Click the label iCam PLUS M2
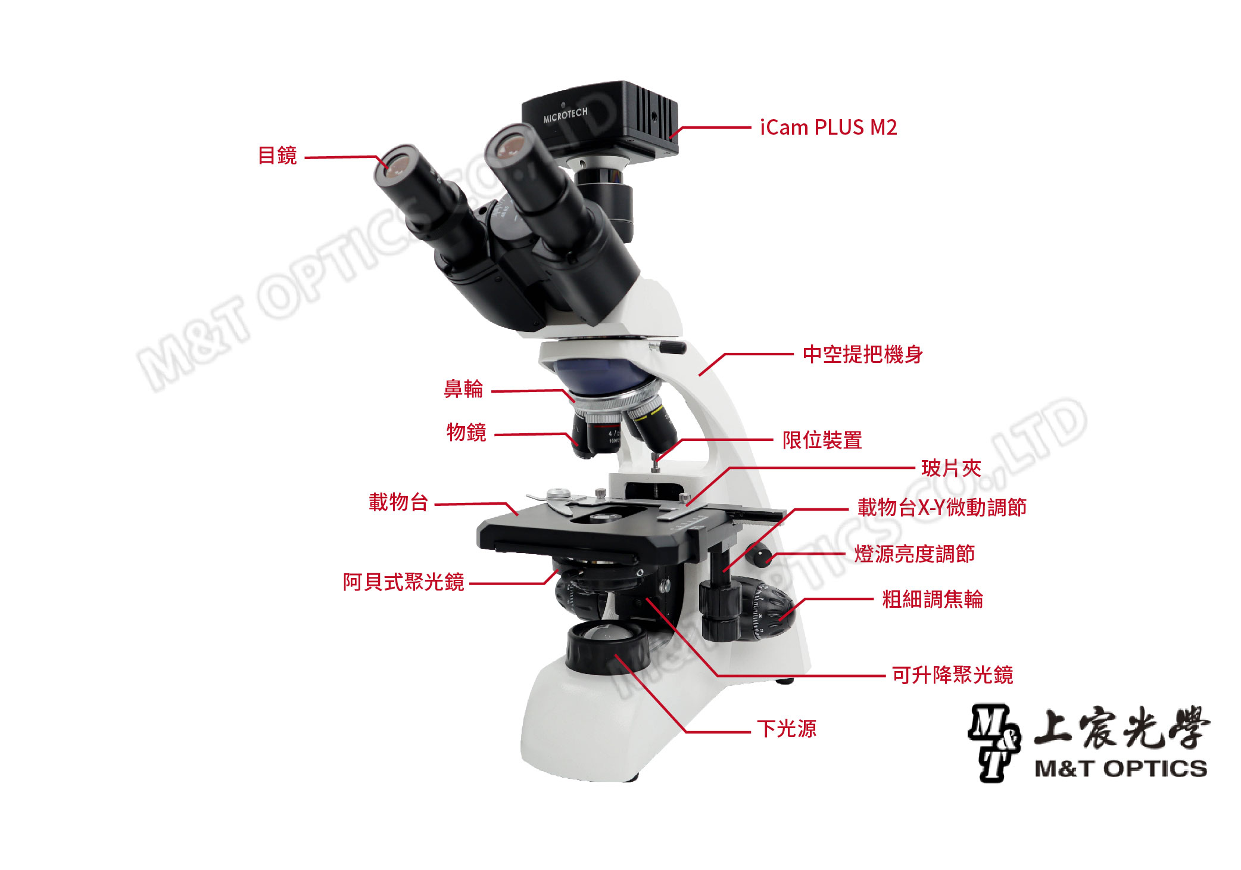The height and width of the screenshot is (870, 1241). point(828,128)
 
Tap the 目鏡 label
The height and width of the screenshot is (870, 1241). point(277,156)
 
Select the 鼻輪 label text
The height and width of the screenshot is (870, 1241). point(464,389)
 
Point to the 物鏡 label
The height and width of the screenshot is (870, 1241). point(466,432)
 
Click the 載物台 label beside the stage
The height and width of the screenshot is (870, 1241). point(398,502)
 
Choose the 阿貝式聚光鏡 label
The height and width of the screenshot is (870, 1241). point(403,582)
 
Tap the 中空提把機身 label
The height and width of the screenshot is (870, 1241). point(863,355)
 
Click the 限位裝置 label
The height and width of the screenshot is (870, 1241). point(822,440)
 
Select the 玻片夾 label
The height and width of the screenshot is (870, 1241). point(951,468)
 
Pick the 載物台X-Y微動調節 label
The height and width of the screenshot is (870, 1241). point(942,507)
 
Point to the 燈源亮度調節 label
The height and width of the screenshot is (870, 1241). point(915,554)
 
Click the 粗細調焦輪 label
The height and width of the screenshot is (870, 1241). point(933,599)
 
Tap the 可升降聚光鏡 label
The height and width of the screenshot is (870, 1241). point(952,675)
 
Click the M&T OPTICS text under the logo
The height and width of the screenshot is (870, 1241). point(1121,769)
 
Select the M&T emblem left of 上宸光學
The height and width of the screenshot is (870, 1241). point(994,742)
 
